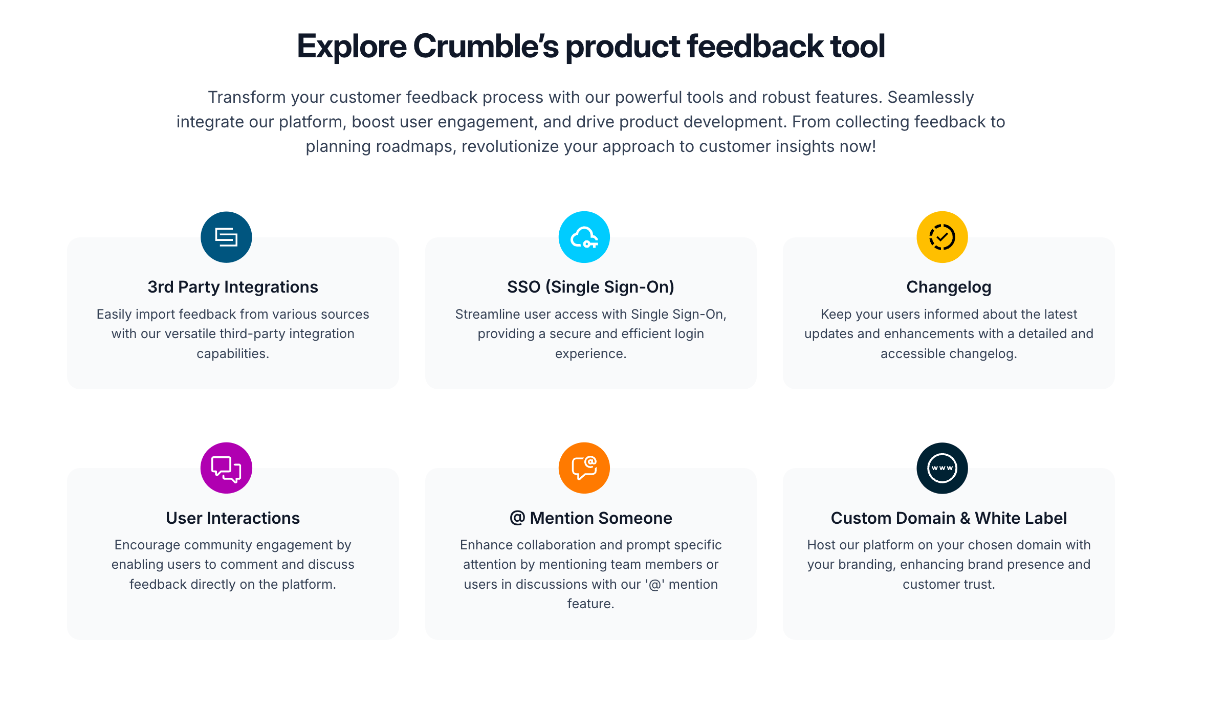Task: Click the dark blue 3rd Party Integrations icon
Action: tap(226, 237)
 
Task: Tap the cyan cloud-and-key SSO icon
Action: tap(584, 237)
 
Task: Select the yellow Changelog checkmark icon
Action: tap(942, 237)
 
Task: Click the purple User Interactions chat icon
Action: tap(226, 468)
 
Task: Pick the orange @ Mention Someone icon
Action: tap(584, 468)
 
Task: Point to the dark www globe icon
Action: tap(942, 468)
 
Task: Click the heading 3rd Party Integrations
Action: tap(233, 287)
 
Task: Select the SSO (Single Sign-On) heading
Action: tap(590, 287)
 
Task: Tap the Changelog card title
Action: tap(949, 287)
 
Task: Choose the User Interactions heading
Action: tap(233, 518)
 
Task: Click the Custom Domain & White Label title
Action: tap(949, 518)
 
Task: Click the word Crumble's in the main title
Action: tap(486, 47)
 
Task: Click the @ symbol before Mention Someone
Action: tap(517, 518)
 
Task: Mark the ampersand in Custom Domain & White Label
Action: tap(965, 518)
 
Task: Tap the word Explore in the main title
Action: tap(352, 47)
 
